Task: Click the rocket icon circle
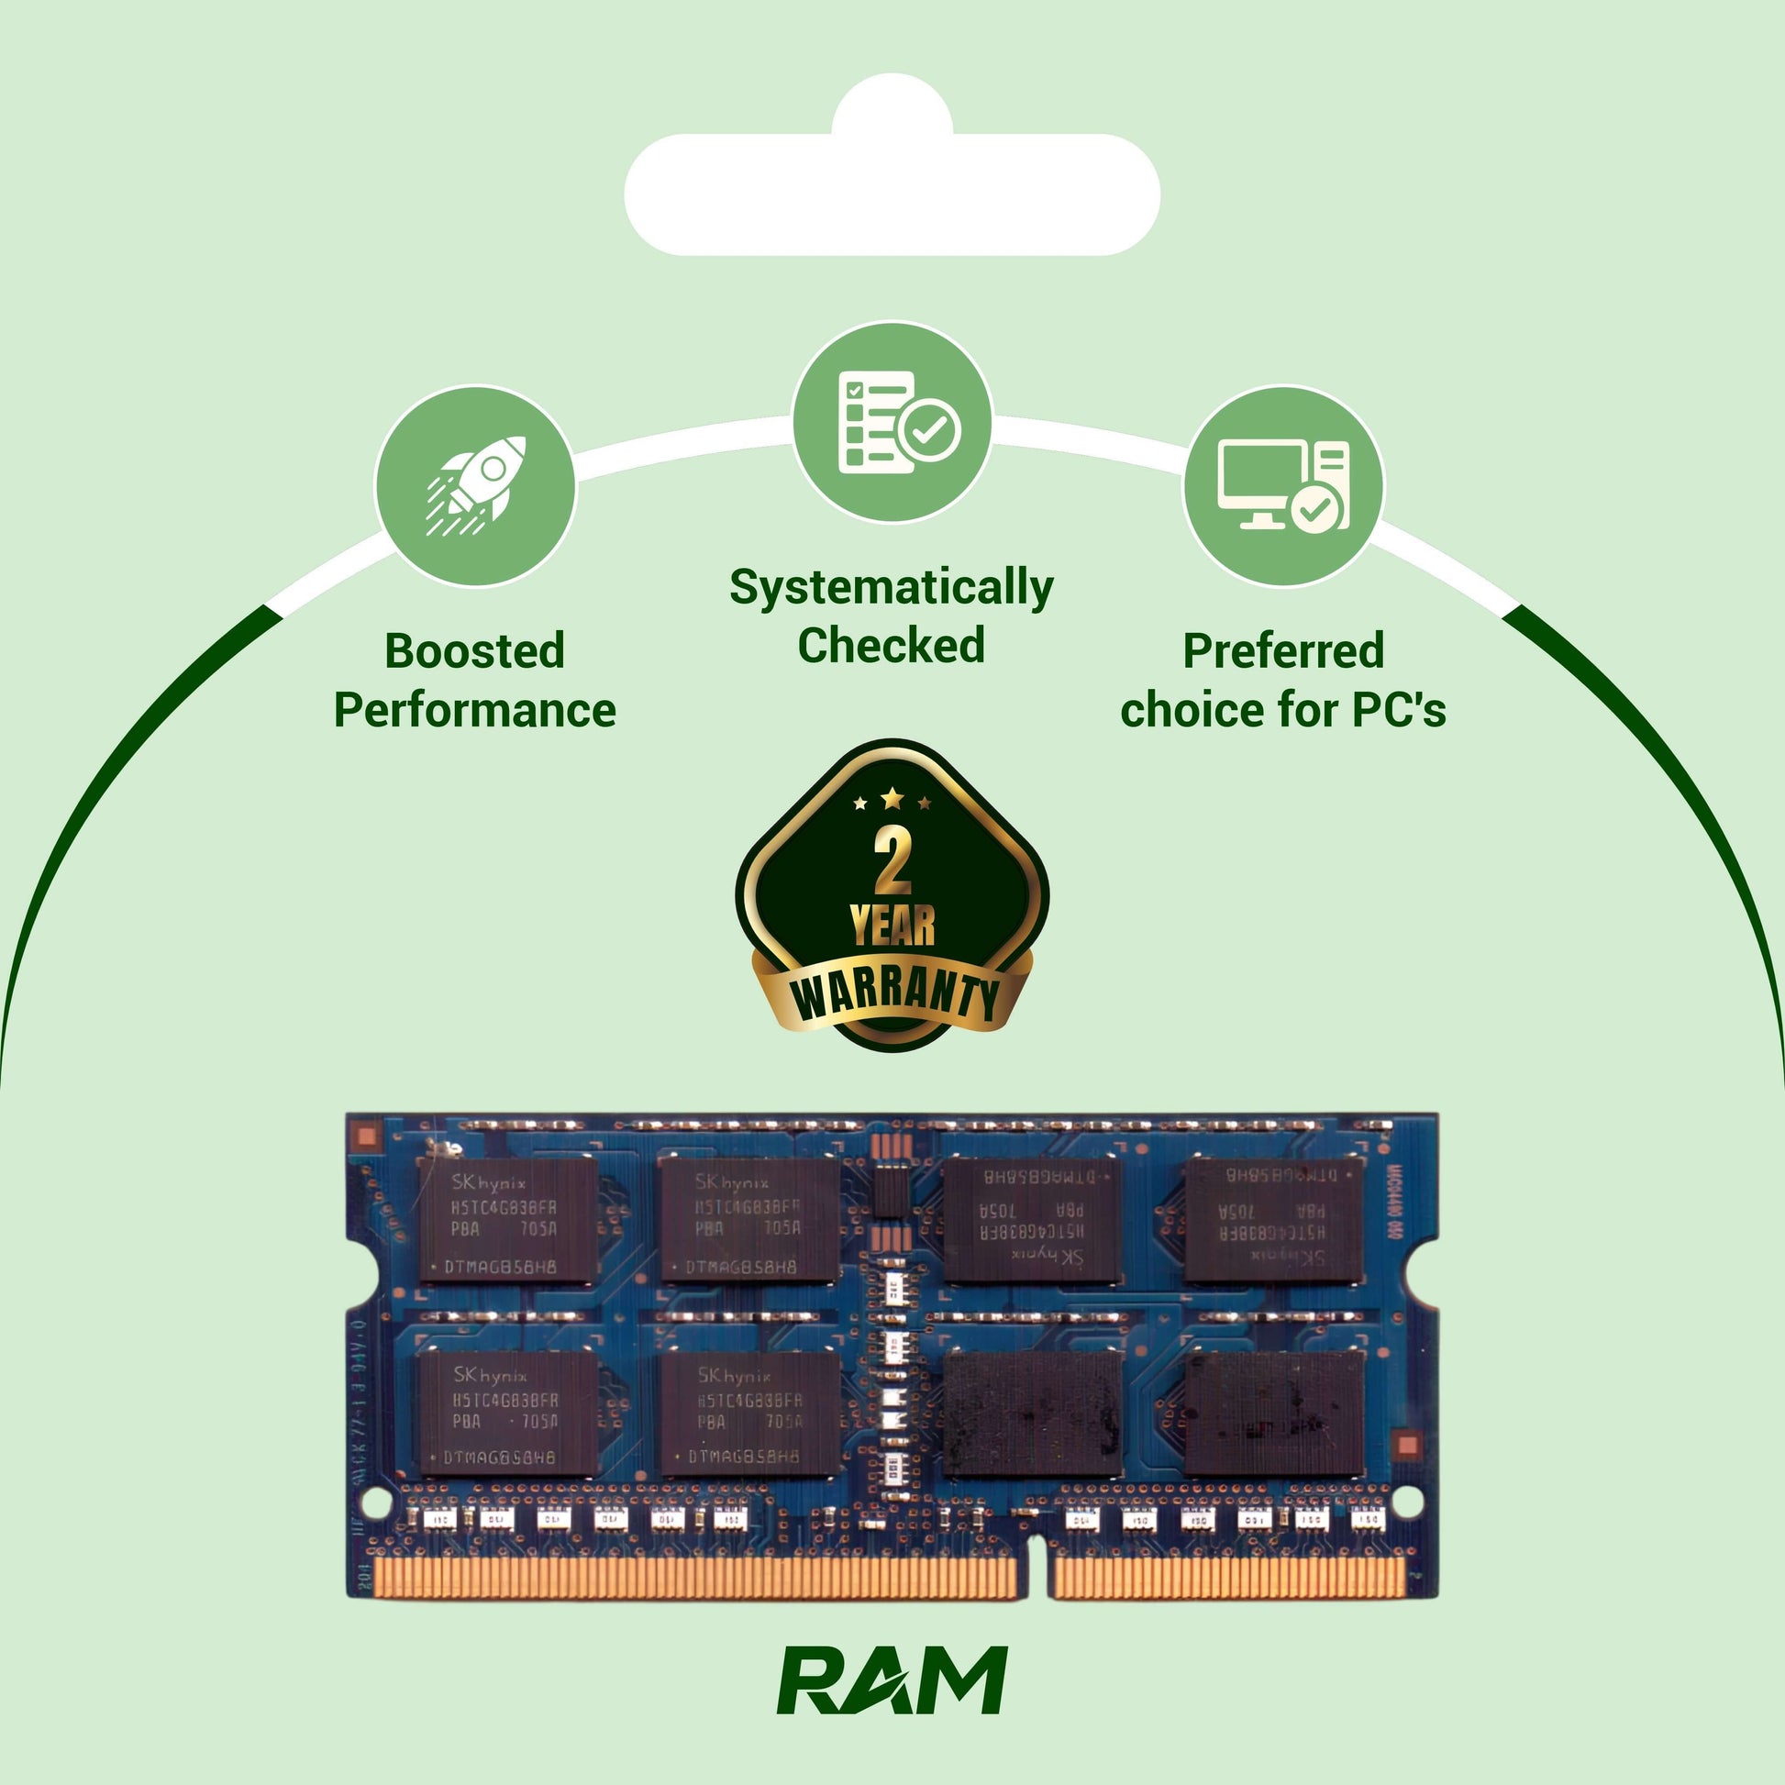(475, 487)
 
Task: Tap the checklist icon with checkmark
(892, 422)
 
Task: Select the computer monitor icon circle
(1283, 487)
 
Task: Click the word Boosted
(475, 651)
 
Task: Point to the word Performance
(475, 711)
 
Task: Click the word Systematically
(892, 588)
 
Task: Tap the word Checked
(892, 646)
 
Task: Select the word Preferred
(1283, 651)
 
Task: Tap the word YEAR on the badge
(892, 926)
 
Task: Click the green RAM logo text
(892, 1680)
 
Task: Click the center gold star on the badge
(892, 796)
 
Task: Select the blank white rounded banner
(892, 195)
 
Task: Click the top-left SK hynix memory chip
(506, 1220)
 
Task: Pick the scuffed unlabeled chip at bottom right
(1274, 1414)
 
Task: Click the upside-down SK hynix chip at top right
(1274, 1220)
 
